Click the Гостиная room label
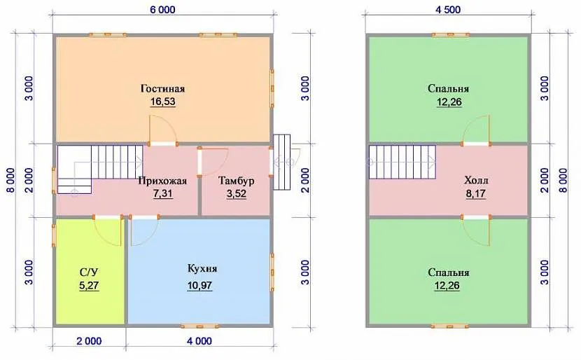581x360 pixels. [162, 89]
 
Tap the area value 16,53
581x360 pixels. [162, 102]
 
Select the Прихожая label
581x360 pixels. [162, 181]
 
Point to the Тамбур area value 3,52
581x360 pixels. [237, 193]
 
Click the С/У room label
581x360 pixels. [89, 272]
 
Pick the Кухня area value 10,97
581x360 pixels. [199, 286]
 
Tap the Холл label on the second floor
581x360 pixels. [476, 181]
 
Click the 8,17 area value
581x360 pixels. [476, 193]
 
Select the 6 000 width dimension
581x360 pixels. [162, 10]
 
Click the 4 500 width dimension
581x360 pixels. [448, 10]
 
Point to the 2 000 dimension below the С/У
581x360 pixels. [89, 340]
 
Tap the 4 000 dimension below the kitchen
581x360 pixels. [199, 340]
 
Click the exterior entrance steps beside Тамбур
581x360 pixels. [281, 162]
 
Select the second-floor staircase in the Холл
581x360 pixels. [402, 162]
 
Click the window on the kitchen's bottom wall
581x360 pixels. [200, 326]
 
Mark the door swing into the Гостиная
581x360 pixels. [162, 130]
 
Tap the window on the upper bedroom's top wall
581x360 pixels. [451, 35]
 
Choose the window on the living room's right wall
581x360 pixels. [272, 88]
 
